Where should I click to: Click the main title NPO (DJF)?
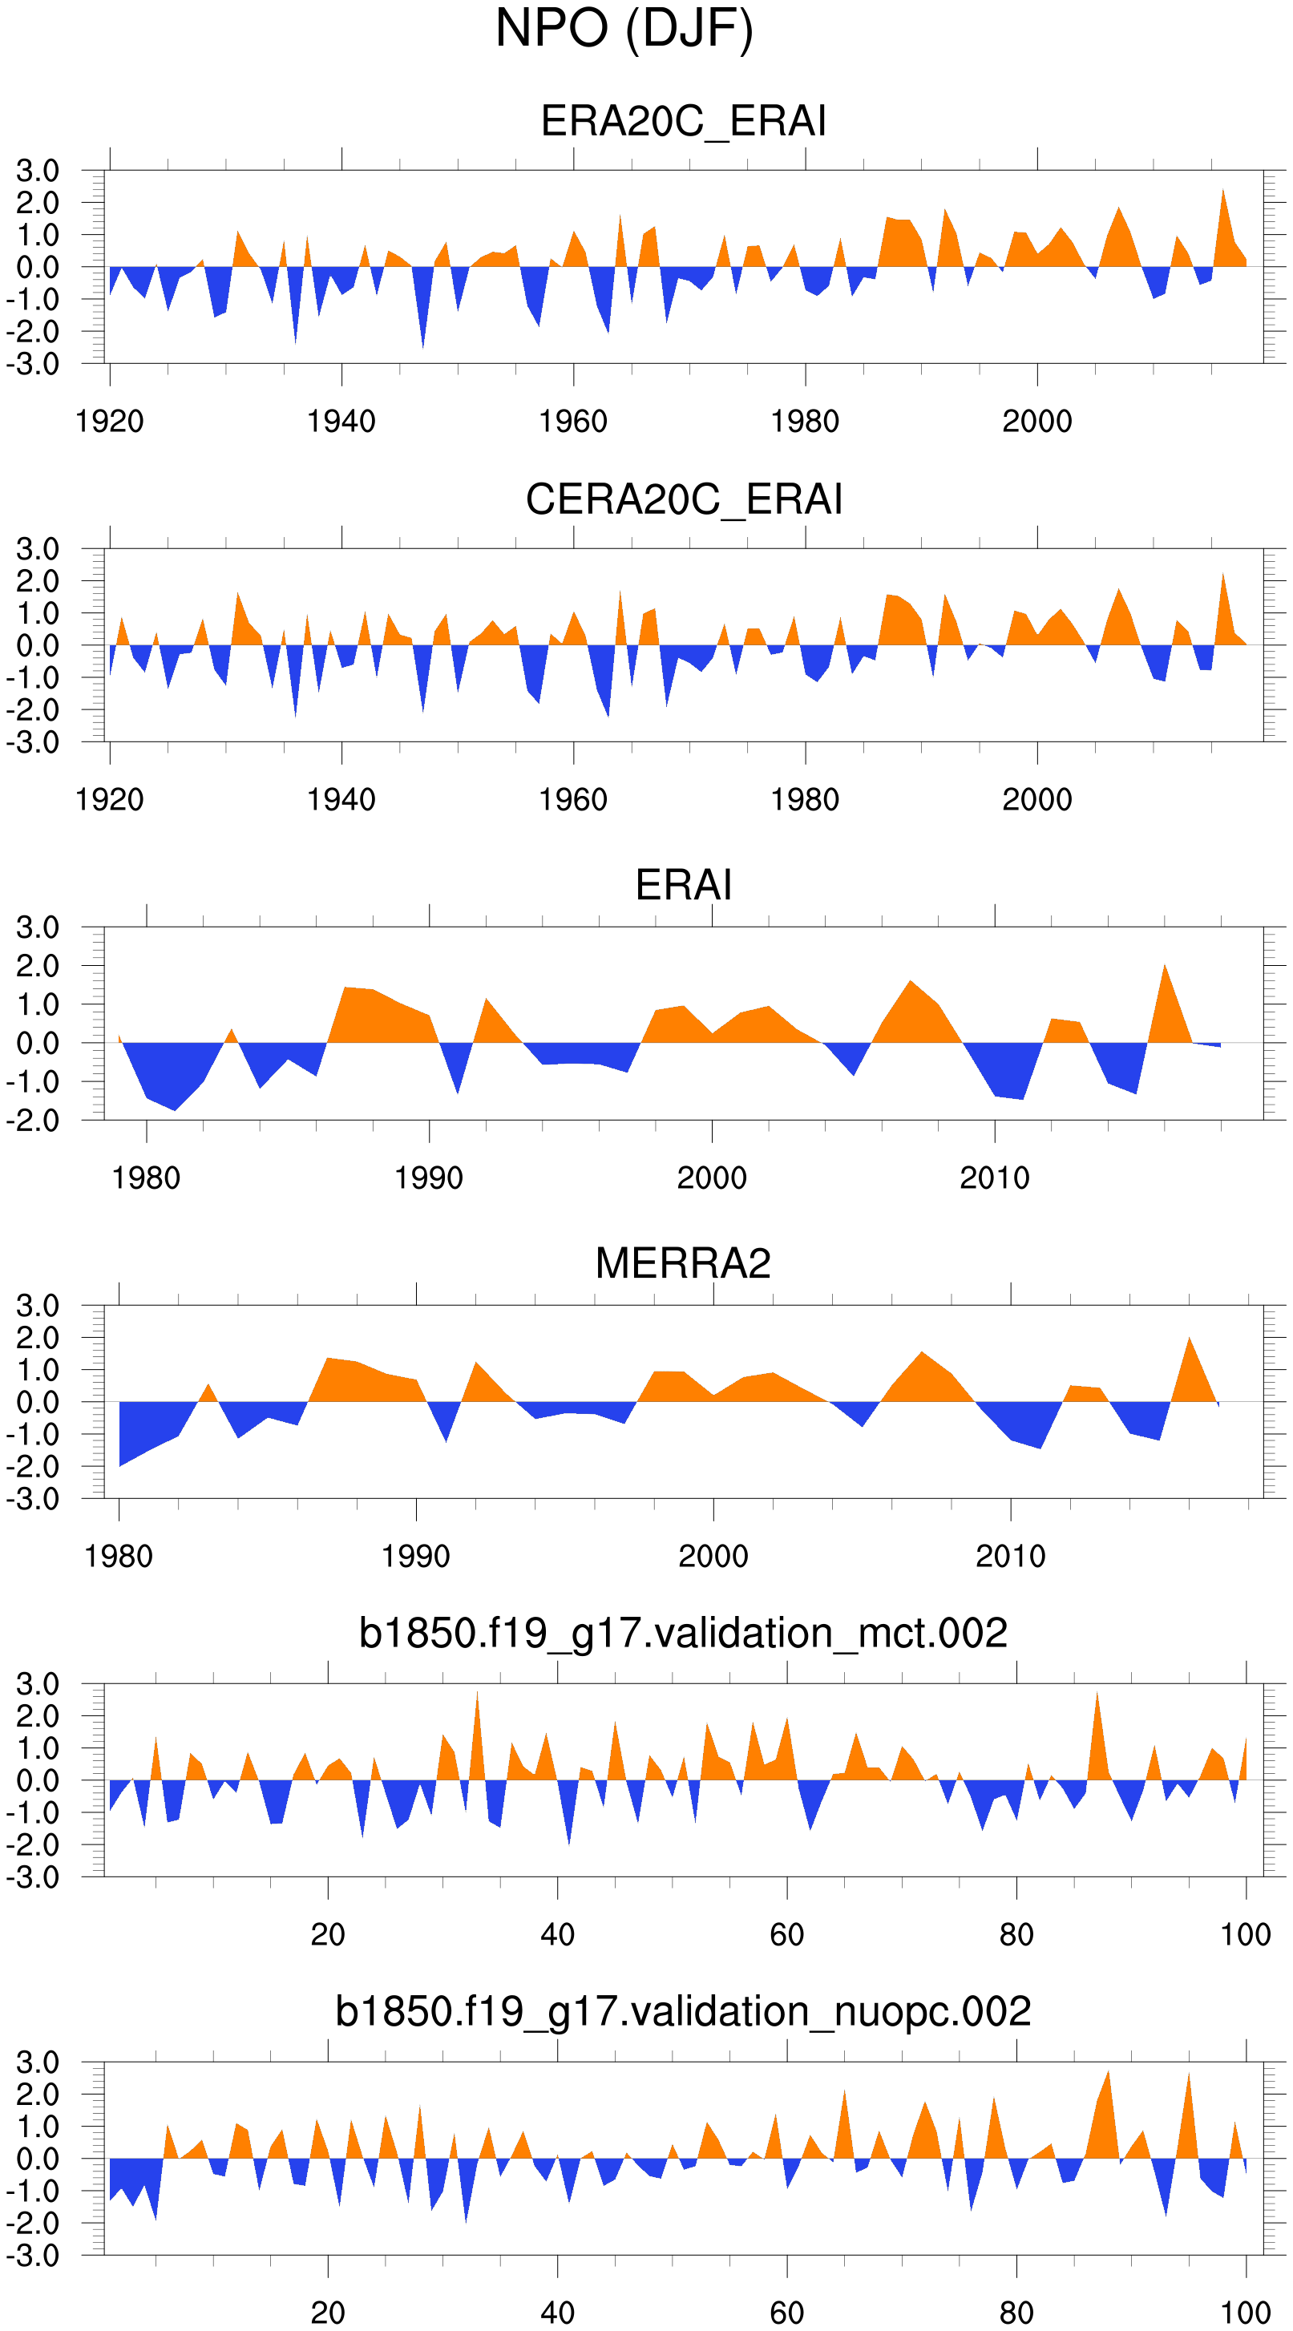[x=624, y=29]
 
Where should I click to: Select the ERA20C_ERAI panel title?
[x=683, y=121]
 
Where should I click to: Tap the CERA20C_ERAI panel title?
[x=683, y=499]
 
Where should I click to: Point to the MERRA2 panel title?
[x=683, y=1263]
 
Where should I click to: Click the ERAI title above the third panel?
[x=683, y=885]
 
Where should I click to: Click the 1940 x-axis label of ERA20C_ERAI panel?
[x=341, y=422]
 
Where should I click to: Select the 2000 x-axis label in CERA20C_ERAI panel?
[x=1037, y=800]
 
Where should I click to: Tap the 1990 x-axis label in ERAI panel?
[x=429, y=1178]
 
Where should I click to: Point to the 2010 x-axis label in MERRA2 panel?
[x=1011, y=1557]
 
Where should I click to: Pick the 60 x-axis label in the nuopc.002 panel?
[x=786, y=2313]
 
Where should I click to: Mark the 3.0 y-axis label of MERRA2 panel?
[x=37, y=1306]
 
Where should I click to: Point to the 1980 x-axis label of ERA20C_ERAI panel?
[x=804, y=422]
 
